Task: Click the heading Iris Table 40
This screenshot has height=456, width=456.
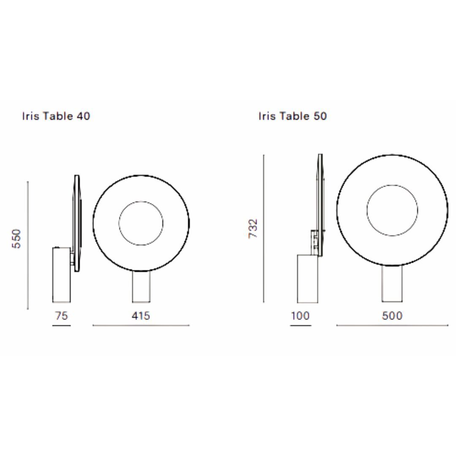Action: (56, 116)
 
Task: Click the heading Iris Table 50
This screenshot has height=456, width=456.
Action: (293, 116)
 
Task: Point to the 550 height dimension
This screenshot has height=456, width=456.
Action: (16, 239)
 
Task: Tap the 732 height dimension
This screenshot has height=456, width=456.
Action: (253, 229)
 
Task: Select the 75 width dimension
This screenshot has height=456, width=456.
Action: (61, 315)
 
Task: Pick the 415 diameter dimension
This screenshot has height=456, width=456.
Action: (141, 315)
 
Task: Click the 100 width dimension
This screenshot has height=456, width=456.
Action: (301, 315)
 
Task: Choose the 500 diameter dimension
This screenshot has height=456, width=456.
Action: (392, 315)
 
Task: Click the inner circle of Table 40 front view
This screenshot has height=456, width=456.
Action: (141, 201)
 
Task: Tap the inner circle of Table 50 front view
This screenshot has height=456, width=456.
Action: (392, 185)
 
